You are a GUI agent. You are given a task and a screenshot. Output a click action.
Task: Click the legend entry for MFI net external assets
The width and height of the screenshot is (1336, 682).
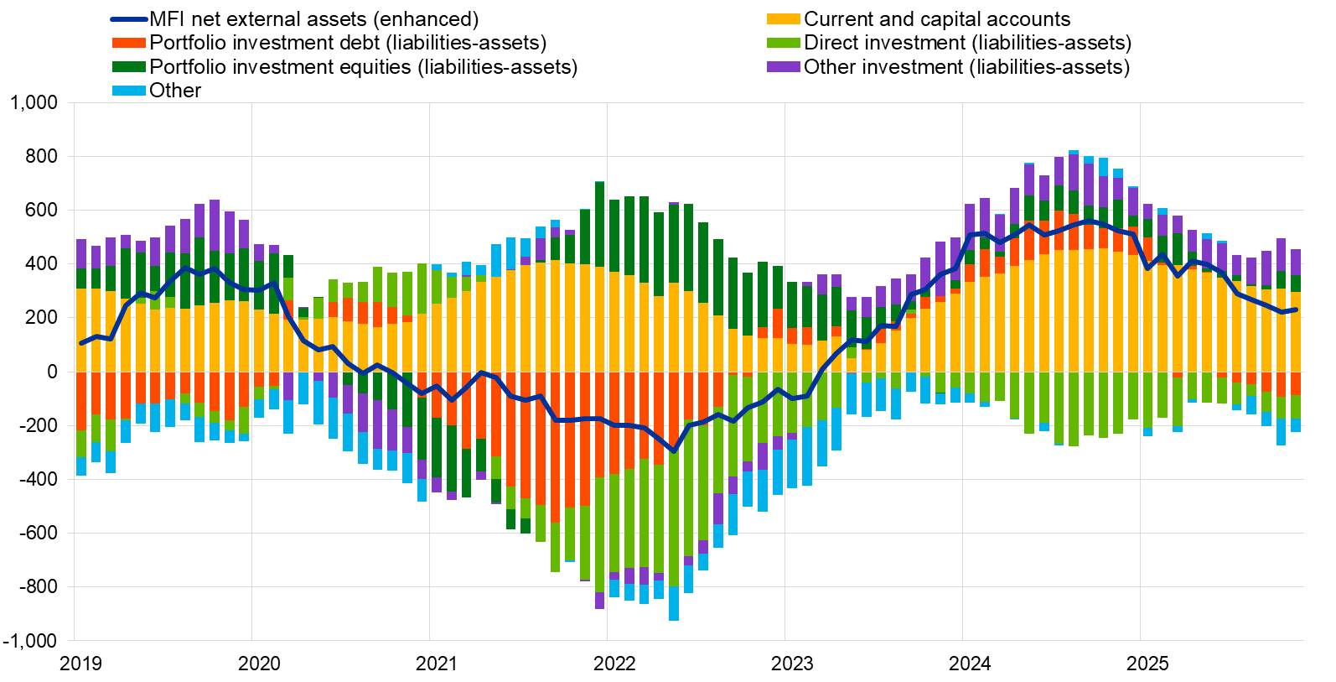[x=313, y=18]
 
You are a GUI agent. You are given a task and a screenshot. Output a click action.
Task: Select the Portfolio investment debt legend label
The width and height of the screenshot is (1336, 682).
[x=347, y=42]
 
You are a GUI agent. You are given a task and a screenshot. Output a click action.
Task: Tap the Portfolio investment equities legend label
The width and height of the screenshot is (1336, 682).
[x=363, y=66]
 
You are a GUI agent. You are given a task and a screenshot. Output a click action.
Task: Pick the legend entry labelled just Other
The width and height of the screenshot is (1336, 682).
[x=175, y=90]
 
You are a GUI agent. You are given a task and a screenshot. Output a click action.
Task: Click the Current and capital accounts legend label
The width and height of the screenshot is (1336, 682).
[x=936, y=18]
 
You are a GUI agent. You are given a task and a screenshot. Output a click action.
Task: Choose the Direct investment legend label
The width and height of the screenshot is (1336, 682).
[x=967, y=42]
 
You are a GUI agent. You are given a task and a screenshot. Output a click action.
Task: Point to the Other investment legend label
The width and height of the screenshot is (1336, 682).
[x=966, y=66]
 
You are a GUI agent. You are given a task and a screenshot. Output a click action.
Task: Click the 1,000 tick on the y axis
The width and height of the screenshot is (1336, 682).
[x=34, y=102]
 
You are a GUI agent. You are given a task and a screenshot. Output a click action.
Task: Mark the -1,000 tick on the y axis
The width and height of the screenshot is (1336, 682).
[x=30, y=640]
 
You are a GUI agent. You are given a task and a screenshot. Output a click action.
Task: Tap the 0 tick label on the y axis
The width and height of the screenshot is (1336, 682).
[x=52, y=372]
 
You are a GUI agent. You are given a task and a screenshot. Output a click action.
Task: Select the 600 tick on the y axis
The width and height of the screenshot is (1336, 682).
[x=41, y=210]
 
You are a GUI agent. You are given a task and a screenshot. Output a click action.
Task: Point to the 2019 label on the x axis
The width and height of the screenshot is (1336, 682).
[x=80, y=664]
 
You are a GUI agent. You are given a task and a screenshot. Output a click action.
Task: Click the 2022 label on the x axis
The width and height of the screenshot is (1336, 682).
[x=614, y=664]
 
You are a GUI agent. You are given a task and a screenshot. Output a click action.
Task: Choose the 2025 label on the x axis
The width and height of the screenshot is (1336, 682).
[x=1147, y=664]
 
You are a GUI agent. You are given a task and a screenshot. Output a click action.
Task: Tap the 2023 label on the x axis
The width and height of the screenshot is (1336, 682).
[x=791, y=664]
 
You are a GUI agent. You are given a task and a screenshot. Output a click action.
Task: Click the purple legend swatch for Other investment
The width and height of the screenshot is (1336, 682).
[x=783, y=66]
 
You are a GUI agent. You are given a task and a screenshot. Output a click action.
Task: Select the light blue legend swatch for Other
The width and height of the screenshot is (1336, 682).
[x=129, y=90]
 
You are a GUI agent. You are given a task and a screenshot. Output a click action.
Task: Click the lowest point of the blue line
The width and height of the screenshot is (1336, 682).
[x=674, y=451]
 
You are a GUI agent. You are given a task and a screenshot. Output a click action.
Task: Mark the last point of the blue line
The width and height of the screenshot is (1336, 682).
[x=1296, y=310]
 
